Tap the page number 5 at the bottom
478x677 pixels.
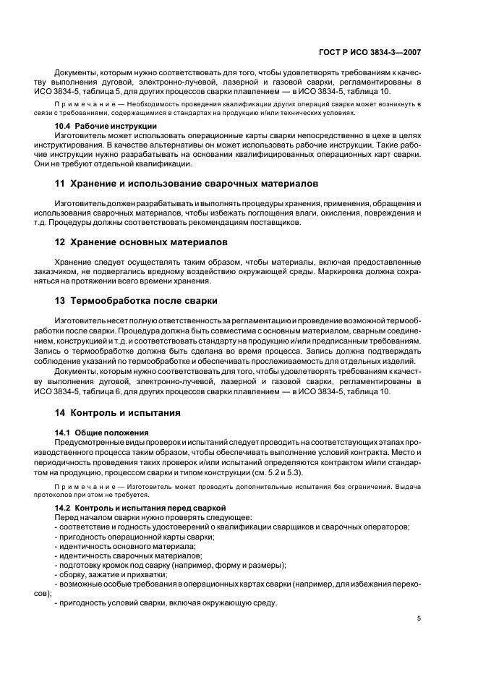coord(419,618)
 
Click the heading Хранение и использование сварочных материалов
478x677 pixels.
coord(187,184)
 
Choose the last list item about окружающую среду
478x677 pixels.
coord(167,603)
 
